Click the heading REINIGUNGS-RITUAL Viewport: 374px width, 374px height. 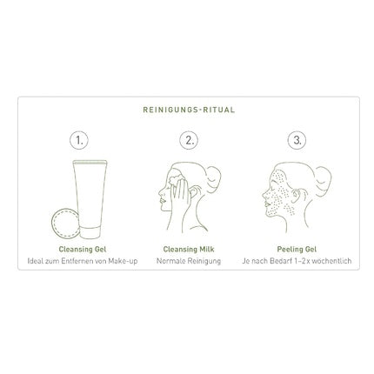click(x=189, y=110)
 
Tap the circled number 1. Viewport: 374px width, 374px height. click(x=79, y=140)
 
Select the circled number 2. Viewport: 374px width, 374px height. click(x=189, y=140)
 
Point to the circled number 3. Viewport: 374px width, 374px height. click(x=297, y=140)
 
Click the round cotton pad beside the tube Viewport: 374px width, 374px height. click(x=64, y=224)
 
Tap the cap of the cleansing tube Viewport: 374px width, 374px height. click(x=90, y=232)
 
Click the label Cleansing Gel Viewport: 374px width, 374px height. click(x=83, y=250)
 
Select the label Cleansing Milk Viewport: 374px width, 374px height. click(x=189, y=250)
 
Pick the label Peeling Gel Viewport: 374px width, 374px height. click(x=297, y=250)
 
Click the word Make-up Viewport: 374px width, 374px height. click(x=123, y=261)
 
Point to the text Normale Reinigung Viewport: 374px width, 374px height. click(x=189, y=261)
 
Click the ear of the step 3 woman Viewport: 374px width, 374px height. click(x=297, y=196)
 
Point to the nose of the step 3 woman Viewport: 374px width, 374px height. click(x=264, y=195)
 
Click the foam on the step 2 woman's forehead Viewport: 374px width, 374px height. click(x=176, y=179)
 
